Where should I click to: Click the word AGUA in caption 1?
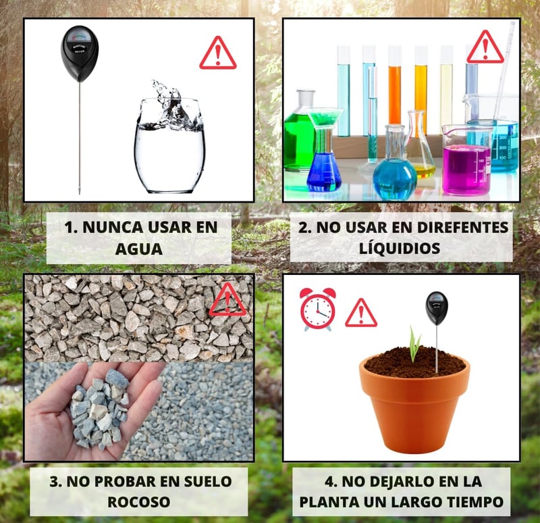[139, 249]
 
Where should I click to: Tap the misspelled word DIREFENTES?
[462, 227]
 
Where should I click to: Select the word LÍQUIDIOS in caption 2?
[400, 247]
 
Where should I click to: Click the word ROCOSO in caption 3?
[139, 502]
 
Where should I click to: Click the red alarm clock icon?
[317, 309]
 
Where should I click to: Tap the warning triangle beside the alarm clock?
[361, 313]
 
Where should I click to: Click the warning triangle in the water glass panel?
[218, 53]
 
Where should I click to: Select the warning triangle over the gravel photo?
[227, 300]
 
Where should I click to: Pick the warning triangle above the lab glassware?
[485, 47]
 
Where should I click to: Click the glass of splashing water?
[169, 138]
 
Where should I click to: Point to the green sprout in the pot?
[415, 344]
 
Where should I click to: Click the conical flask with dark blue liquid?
[324, 162]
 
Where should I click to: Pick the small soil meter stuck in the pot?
[437, 331]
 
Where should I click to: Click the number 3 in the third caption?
[55, 482]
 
